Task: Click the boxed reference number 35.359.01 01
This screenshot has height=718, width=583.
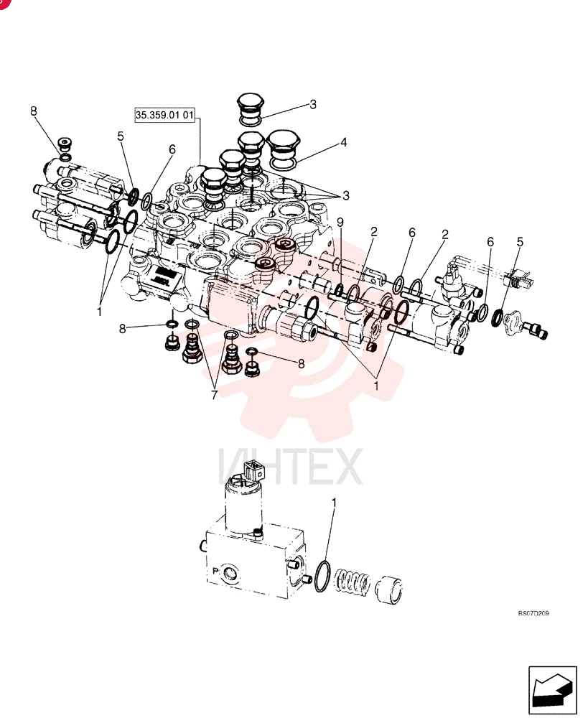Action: click(x=165, y=114)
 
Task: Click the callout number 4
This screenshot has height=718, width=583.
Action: click(x=343, y=142)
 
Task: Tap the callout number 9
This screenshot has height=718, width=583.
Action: click(x=340, y=222)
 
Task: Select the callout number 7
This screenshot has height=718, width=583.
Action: click(x=215, y=395)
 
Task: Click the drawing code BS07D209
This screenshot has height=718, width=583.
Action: click(x=533, y=613)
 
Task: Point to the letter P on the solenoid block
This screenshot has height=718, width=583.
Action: click(x=215, y=571)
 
